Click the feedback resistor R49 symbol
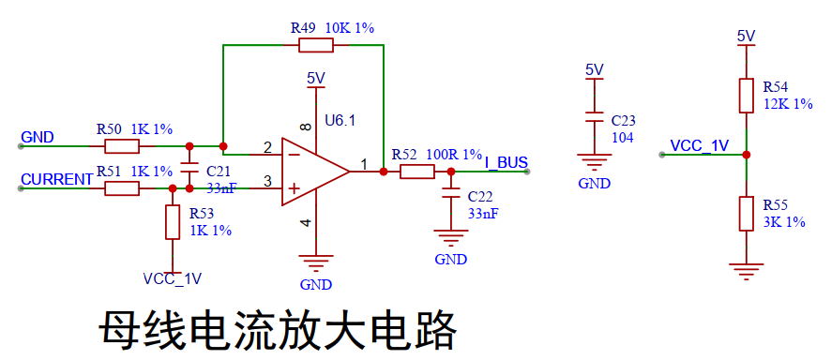[316, 46]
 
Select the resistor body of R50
[122, 146]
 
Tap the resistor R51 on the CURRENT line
[122, 188]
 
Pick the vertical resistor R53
[173, 222]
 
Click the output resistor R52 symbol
[417, 172]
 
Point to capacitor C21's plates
[189, 167]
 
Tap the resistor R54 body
[747, 96]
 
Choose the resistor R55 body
[747, 214]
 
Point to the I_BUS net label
[506, 162]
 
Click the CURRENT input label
[56, 179]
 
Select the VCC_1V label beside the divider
[700, 145]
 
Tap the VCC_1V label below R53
[173, 279]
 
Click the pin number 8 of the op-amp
[305, 127]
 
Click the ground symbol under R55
[747, 271]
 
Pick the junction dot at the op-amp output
[384, 172]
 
